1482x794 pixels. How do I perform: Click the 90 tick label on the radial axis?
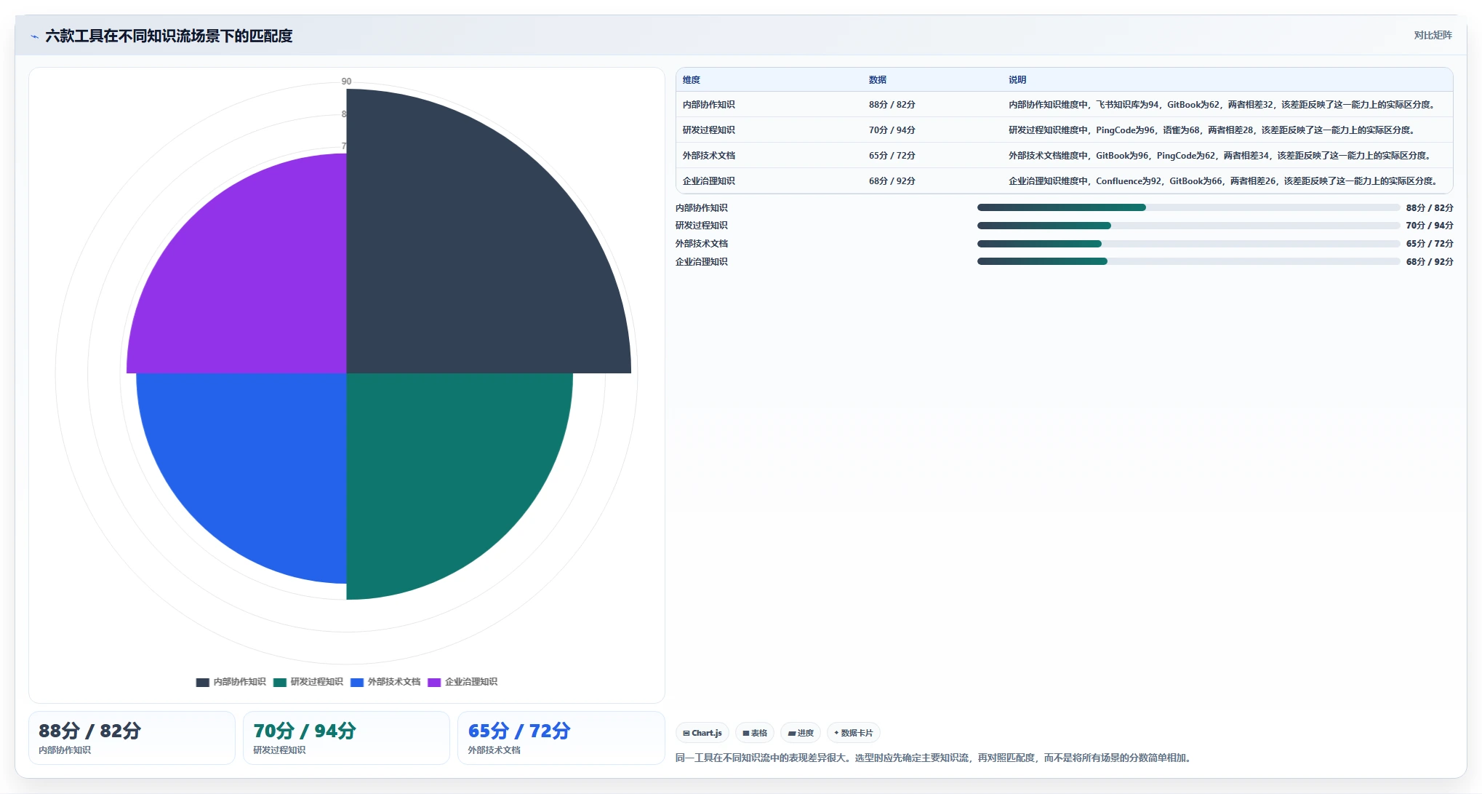pyautogui.click(x=346, y=82)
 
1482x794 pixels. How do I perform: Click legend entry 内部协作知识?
pyautogui.click(x=231, y=682)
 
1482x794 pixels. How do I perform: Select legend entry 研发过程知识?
pyautogui.click(x=308, y=682)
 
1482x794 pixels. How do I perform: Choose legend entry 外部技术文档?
pyautogui.click(x=385, y=682)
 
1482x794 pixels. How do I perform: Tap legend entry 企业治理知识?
pyautogui.click(x=462, y=682)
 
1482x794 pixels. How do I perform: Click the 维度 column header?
pyautogui.click(x=692, y=80)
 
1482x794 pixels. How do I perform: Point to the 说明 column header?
pyautogui.click(x=1017, y=80)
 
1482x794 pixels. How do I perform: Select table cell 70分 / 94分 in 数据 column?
pyautogui.click(x=892, y=130)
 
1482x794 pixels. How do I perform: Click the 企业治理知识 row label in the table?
pyautogui.click(x=709, y=181)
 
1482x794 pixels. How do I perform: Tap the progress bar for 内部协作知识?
pyautogui.click(x=1188, y=207)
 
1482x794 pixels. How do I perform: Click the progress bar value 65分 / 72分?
pyautogui.click(x=1430, y=244)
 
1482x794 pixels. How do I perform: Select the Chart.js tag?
pyautogui.click(x=702, y=733)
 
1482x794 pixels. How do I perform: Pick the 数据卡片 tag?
pyautogui.click(x=854, y=733)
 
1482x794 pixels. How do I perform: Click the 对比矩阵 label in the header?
pyautogui.click(x=1433, y=35)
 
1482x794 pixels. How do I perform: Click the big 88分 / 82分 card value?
pyautogui.click(x=89, y=731)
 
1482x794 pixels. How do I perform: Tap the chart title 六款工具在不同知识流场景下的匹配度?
pyautogui.click(x=169, y=36)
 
